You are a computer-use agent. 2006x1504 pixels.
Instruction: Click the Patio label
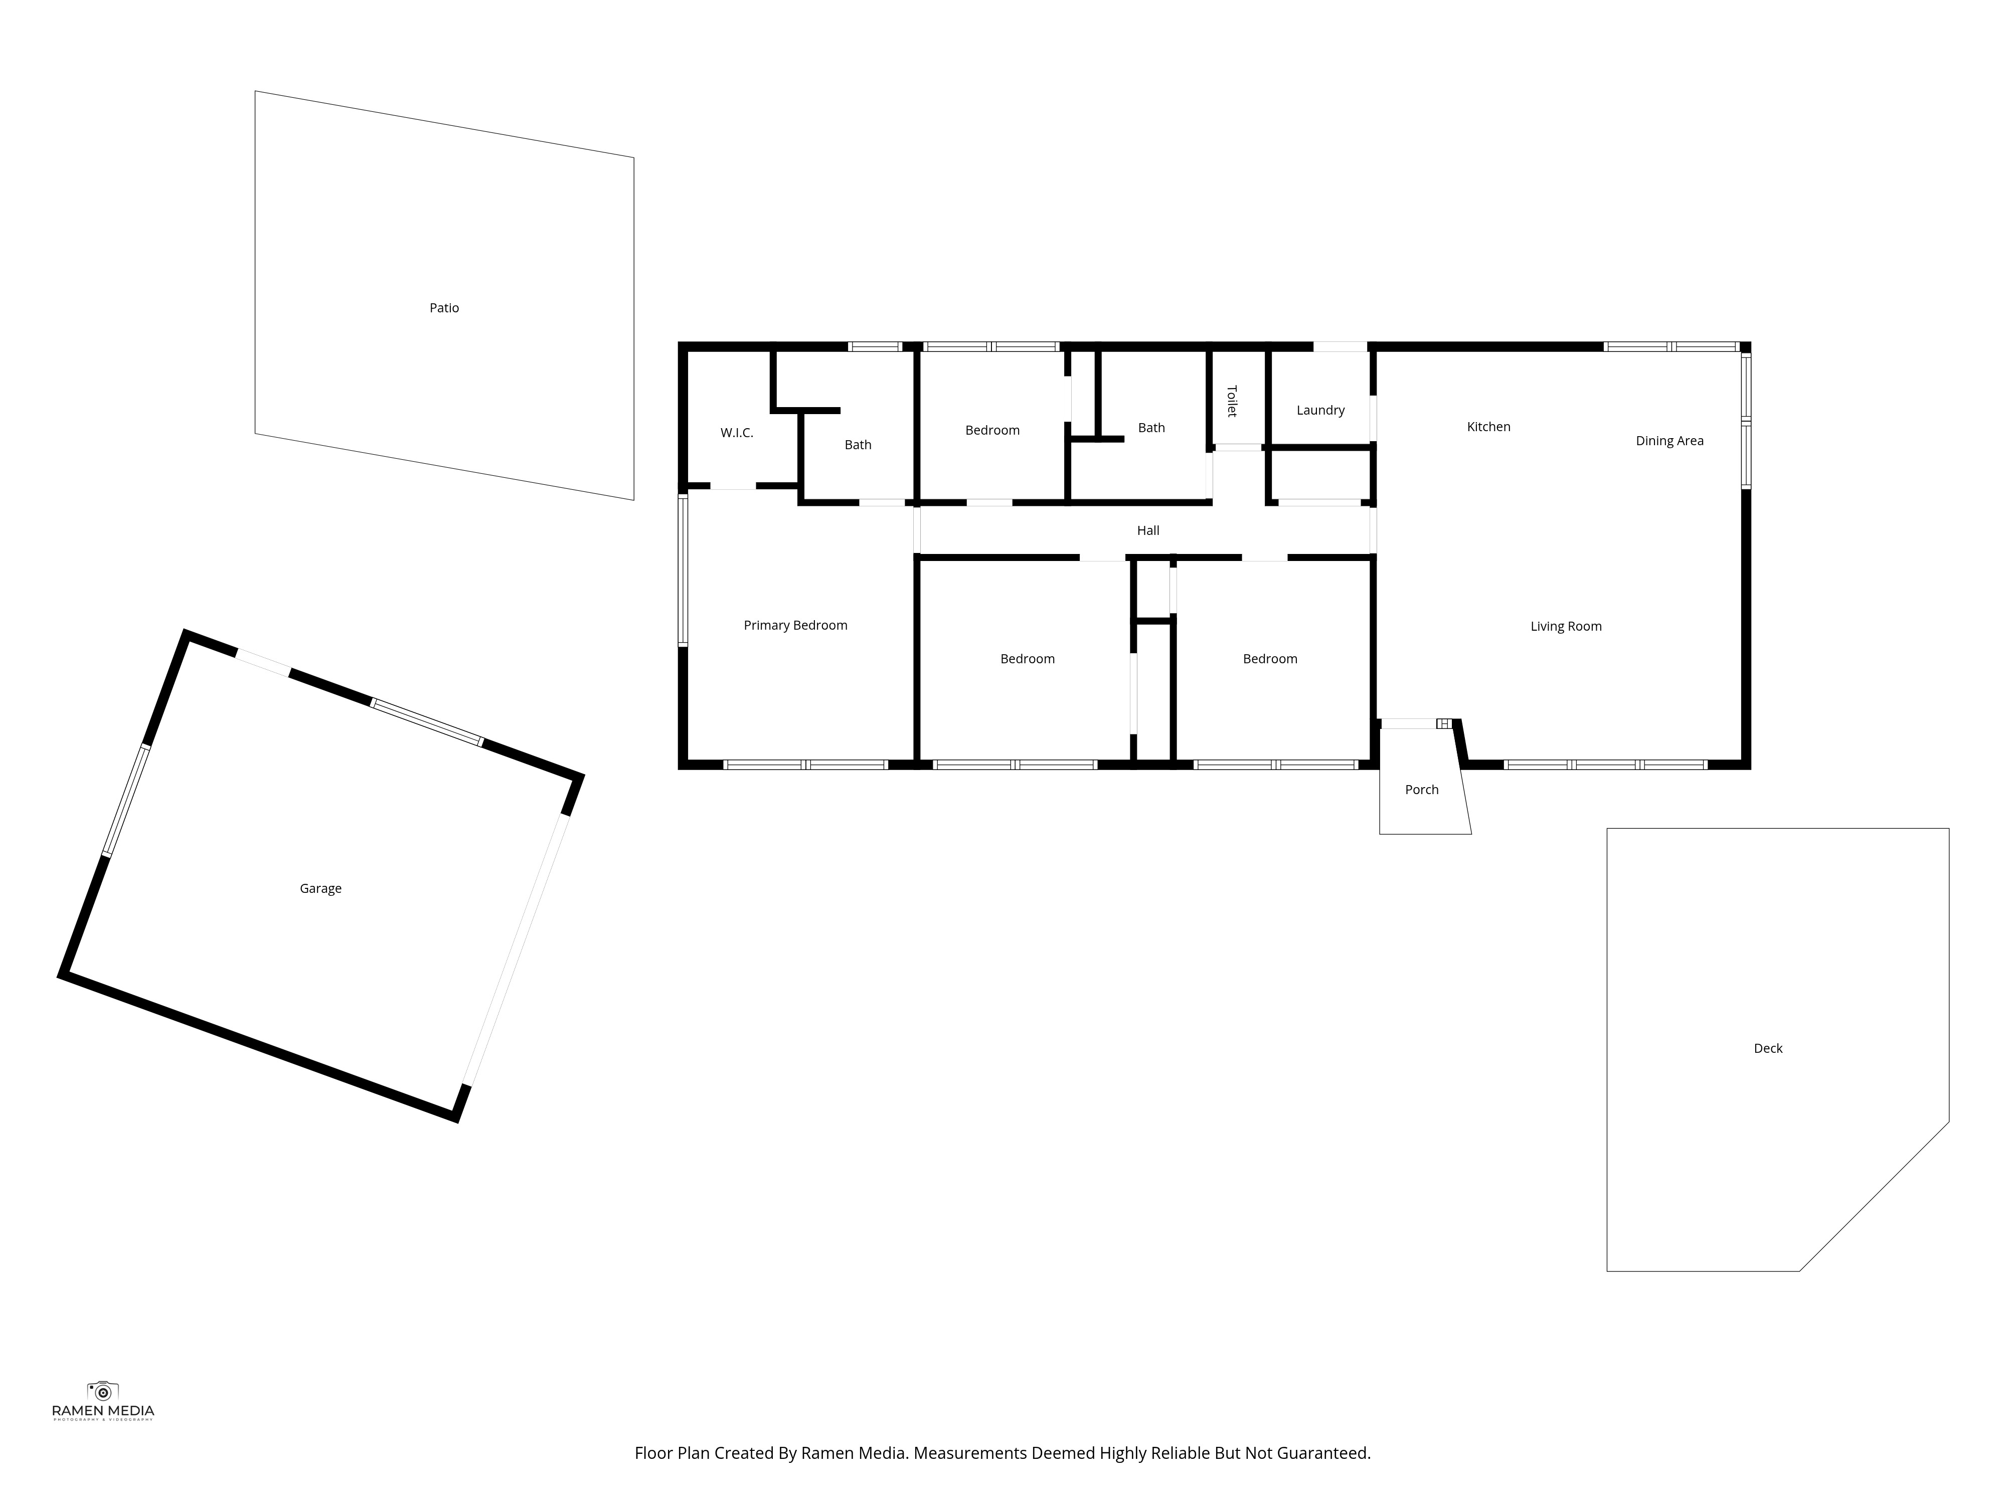point(444,308)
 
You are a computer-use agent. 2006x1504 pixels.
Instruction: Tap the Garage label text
point(321,888)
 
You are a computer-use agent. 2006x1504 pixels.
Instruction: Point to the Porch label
point(1422,790)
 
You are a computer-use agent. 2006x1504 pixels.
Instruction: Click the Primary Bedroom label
point(795,626)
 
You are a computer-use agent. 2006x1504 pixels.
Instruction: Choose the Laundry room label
point(1320,411)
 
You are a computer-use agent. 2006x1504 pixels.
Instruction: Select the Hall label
point(1148,530)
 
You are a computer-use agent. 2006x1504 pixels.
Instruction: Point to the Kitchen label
point(1489,427)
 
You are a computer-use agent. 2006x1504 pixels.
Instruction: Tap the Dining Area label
point(1669,442)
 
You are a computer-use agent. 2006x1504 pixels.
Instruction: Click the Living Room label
point(1566,627)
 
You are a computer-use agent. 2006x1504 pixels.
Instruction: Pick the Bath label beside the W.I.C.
point(858,445)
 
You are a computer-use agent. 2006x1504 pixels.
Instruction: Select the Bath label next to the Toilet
point(1152,428)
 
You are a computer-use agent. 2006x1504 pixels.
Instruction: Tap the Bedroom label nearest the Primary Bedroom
point(1028,659)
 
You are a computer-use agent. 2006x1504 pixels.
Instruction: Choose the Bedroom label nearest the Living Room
point(1270,659)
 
